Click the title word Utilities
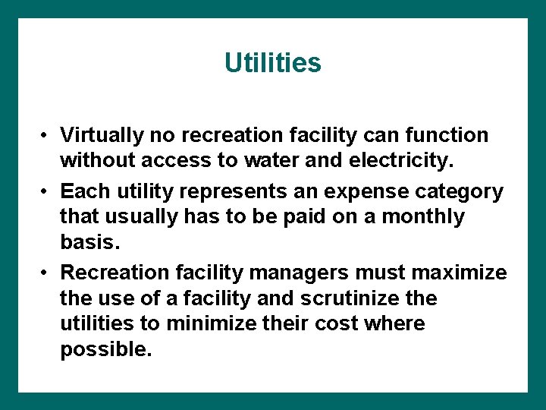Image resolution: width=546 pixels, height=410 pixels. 273,62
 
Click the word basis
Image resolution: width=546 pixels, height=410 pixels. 89,242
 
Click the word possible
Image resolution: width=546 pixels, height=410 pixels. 105,349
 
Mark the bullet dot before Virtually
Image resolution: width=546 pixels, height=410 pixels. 46,136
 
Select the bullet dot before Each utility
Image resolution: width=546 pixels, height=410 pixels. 46,191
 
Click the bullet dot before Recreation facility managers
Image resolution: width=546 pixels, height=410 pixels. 46,273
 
